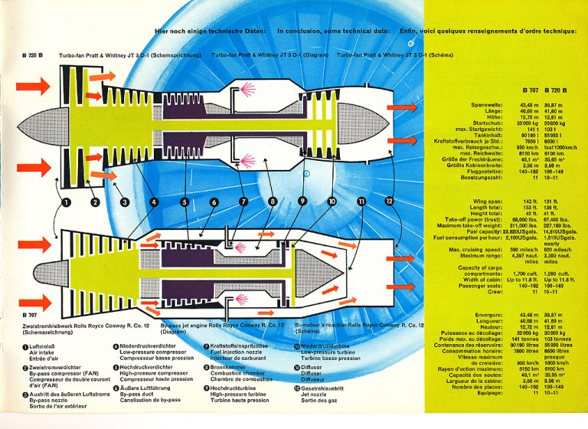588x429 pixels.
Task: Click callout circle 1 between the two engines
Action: [67, 202]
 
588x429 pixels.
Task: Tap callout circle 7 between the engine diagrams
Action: [243, 202]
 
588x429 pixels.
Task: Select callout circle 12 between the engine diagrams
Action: [389, 201]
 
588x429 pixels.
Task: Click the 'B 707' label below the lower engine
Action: [30, 315]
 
